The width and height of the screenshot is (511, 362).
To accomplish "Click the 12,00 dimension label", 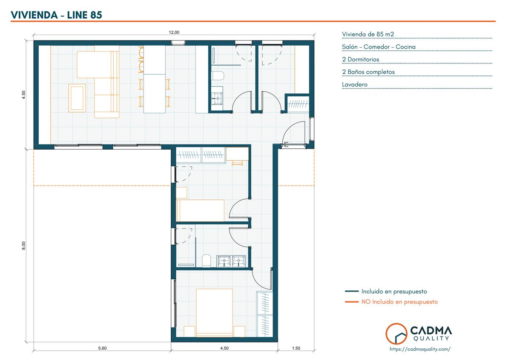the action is click(174, 32).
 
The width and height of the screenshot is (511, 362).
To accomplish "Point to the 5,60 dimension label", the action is click(103, 348).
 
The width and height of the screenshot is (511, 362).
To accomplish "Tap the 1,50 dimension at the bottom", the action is click(296, 348).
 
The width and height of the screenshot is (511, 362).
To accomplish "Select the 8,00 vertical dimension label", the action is click(24, 246).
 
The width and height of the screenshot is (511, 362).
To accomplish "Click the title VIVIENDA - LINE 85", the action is click(56, 15).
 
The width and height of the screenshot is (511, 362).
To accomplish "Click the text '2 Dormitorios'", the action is click(360, 59).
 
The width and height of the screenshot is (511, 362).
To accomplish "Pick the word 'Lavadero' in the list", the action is click(354, 84).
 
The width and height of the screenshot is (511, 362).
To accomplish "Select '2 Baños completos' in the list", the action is click(368, 72).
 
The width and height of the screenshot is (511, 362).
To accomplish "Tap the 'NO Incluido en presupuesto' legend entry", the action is click(399, 302).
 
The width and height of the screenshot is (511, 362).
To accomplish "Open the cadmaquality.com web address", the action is click(420, 349).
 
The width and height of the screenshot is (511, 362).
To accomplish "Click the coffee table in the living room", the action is click(77, 98).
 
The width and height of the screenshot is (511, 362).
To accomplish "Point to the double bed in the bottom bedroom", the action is click(214, 313).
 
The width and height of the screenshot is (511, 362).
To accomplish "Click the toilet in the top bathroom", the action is click(218, 75).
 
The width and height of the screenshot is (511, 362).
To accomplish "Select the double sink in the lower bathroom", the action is click(231, 261).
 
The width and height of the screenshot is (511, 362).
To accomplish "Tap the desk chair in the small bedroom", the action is click(237, 163).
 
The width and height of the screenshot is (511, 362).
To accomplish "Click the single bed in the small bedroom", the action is click(200, 210).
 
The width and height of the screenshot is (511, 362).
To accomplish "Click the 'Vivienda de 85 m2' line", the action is click(368, 34).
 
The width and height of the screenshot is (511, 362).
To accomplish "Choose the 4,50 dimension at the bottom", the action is click(224, 348).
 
